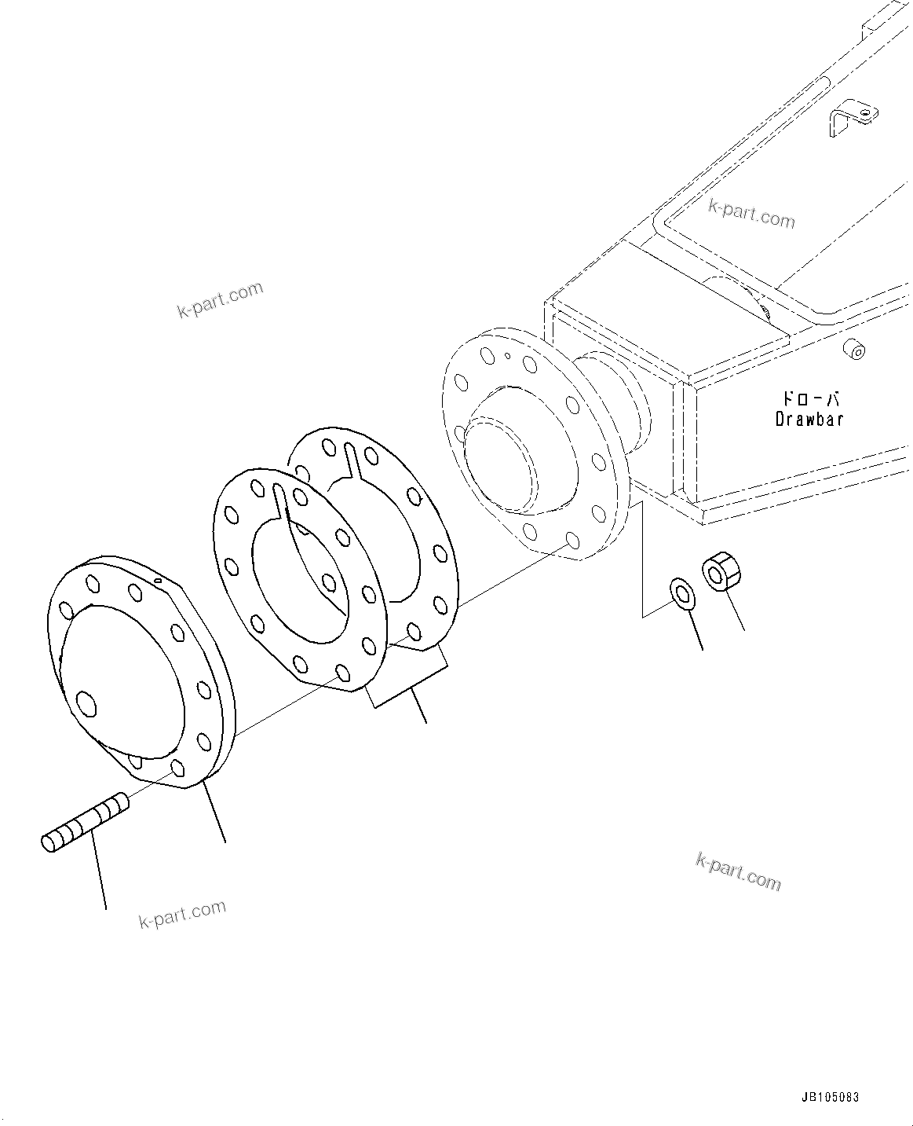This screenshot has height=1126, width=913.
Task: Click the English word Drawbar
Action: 809,419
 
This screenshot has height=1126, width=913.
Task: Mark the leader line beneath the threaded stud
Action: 100,872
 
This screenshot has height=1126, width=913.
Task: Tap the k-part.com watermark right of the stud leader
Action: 183,915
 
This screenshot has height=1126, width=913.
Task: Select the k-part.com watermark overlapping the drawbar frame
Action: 751,212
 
